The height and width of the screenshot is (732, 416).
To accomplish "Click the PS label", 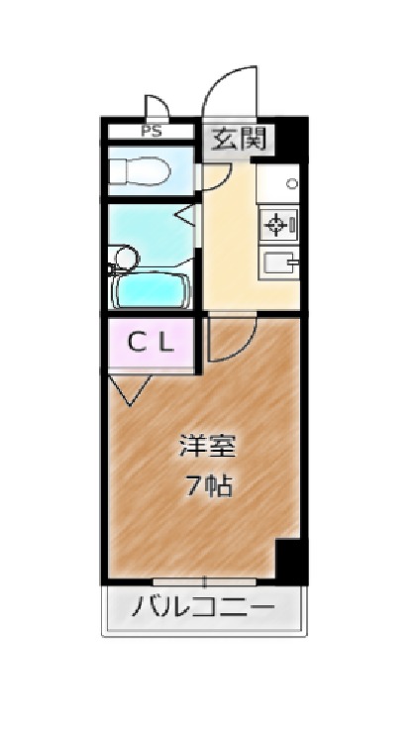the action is click(152, 131).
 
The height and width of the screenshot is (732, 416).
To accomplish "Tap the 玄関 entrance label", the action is click(238, 139).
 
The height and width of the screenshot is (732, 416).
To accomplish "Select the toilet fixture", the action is click(140, 171).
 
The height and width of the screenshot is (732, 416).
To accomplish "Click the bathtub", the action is click(150, 290).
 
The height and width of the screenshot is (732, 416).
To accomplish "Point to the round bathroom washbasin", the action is click(127, 258).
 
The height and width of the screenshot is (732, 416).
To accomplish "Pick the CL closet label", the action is click(151, 345).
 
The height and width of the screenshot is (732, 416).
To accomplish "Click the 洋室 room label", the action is click(208, 446).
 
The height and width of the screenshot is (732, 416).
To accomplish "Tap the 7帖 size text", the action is click(210, 488).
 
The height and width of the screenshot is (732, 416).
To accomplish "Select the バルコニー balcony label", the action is click(203, 608).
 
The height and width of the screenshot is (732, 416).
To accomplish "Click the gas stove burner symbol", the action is click(275, 225).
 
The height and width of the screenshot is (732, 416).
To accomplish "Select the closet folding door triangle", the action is click(130, 389).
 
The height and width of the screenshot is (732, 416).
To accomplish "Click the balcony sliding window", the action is click(204, 581).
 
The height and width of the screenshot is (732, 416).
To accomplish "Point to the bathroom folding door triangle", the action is click(187, 216).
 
